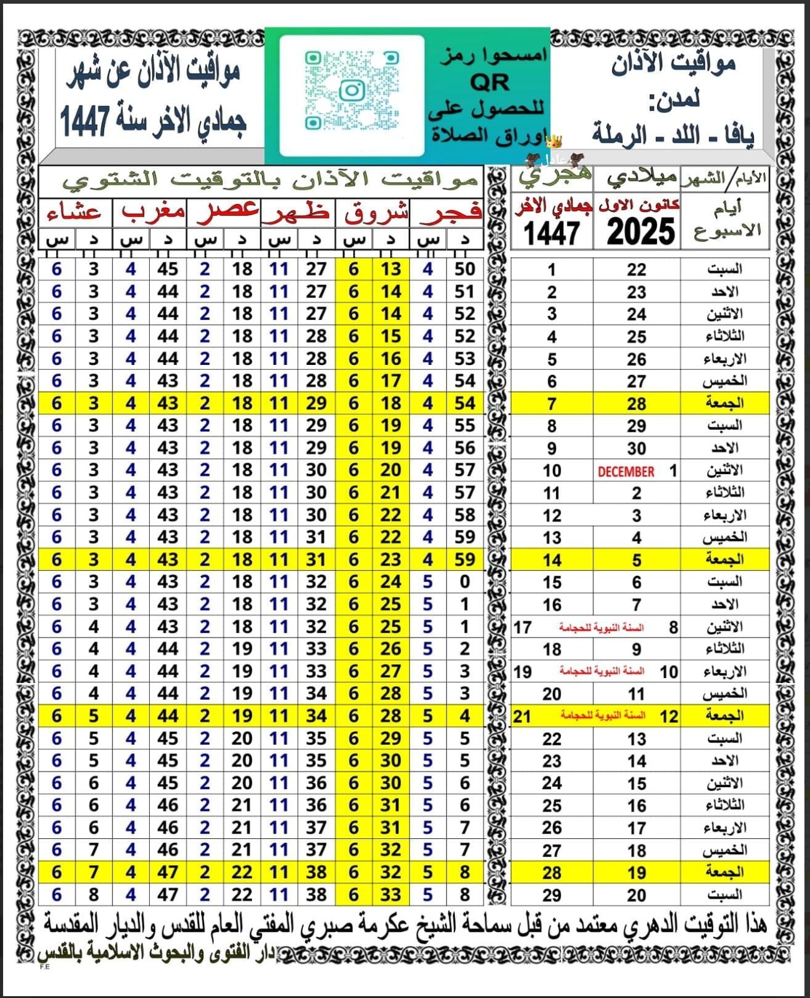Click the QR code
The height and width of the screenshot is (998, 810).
coord(351,92)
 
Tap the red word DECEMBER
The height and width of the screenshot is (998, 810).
coord(626,472)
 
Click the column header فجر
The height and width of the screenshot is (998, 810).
coord(451,213)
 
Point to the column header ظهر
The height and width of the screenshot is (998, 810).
coord(297,213)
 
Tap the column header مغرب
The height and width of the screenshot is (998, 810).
coord(153,212)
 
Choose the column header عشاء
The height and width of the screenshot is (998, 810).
coord(74,213)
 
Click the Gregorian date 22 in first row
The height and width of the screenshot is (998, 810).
coord(637,269)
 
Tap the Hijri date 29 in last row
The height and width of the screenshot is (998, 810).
coord(552,895)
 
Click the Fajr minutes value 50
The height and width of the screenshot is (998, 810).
coord(465,269)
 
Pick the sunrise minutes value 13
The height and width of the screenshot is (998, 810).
coord(391,269)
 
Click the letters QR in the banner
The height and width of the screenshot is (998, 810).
coord(490,82)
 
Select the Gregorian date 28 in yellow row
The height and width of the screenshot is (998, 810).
coord(637,404)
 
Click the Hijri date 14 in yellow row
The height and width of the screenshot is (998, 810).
coord(552,560)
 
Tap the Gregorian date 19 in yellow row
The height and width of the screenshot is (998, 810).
coord(637,873)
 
